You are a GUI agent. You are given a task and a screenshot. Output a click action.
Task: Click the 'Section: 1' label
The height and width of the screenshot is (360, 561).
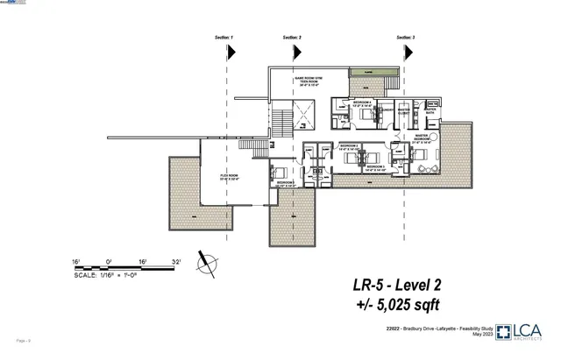(x=225, y=39)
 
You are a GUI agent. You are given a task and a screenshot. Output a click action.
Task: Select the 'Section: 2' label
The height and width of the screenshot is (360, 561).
(x=293, y=39)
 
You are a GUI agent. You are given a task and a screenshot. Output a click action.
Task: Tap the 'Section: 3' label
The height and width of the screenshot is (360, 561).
(x=406, y=39)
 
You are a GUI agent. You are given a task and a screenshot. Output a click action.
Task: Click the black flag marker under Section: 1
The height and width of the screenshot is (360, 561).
(x=231, y=52)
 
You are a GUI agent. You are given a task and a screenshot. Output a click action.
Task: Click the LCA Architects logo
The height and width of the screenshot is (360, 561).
(x=525, y=331)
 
